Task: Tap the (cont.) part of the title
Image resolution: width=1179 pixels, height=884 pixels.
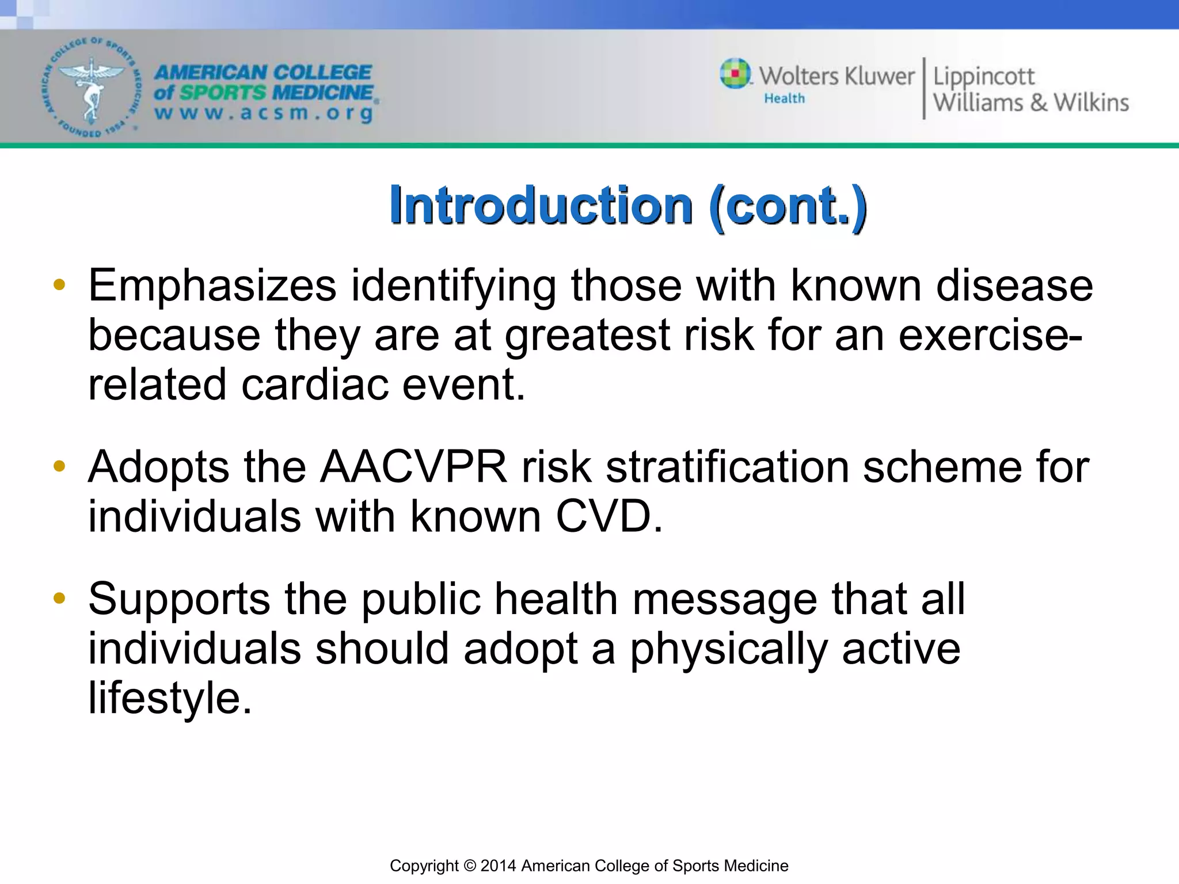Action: click(788, 206)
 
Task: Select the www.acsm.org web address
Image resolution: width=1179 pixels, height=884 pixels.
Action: click(264, 113)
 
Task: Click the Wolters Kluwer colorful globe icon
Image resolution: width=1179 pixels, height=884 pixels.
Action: click(735, 74)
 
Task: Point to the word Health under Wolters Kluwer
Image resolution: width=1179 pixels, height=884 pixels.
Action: click(784, 98)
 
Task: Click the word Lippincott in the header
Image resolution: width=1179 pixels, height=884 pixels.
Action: click(983, 77)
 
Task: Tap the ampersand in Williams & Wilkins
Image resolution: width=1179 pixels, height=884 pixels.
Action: click(1038, 102)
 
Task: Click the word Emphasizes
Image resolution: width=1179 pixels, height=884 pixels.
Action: click(212, 286)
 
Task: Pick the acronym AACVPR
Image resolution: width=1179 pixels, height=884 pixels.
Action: click(413, 467)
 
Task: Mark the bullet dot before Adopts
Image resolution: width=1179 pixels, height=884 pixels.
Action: click(59, 466)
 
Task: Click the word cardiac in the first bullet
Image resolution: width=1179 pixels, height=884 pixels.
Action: click(314, 384)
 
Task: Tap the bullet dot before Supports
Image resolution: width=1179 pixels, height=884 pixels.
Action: click(59, 598)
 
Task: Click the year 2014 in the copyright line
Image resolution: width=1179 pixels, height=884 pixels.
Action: click(499, 866)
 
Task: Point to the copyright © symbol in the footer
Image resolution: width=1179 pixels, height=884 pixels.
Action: click(470, 866)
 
